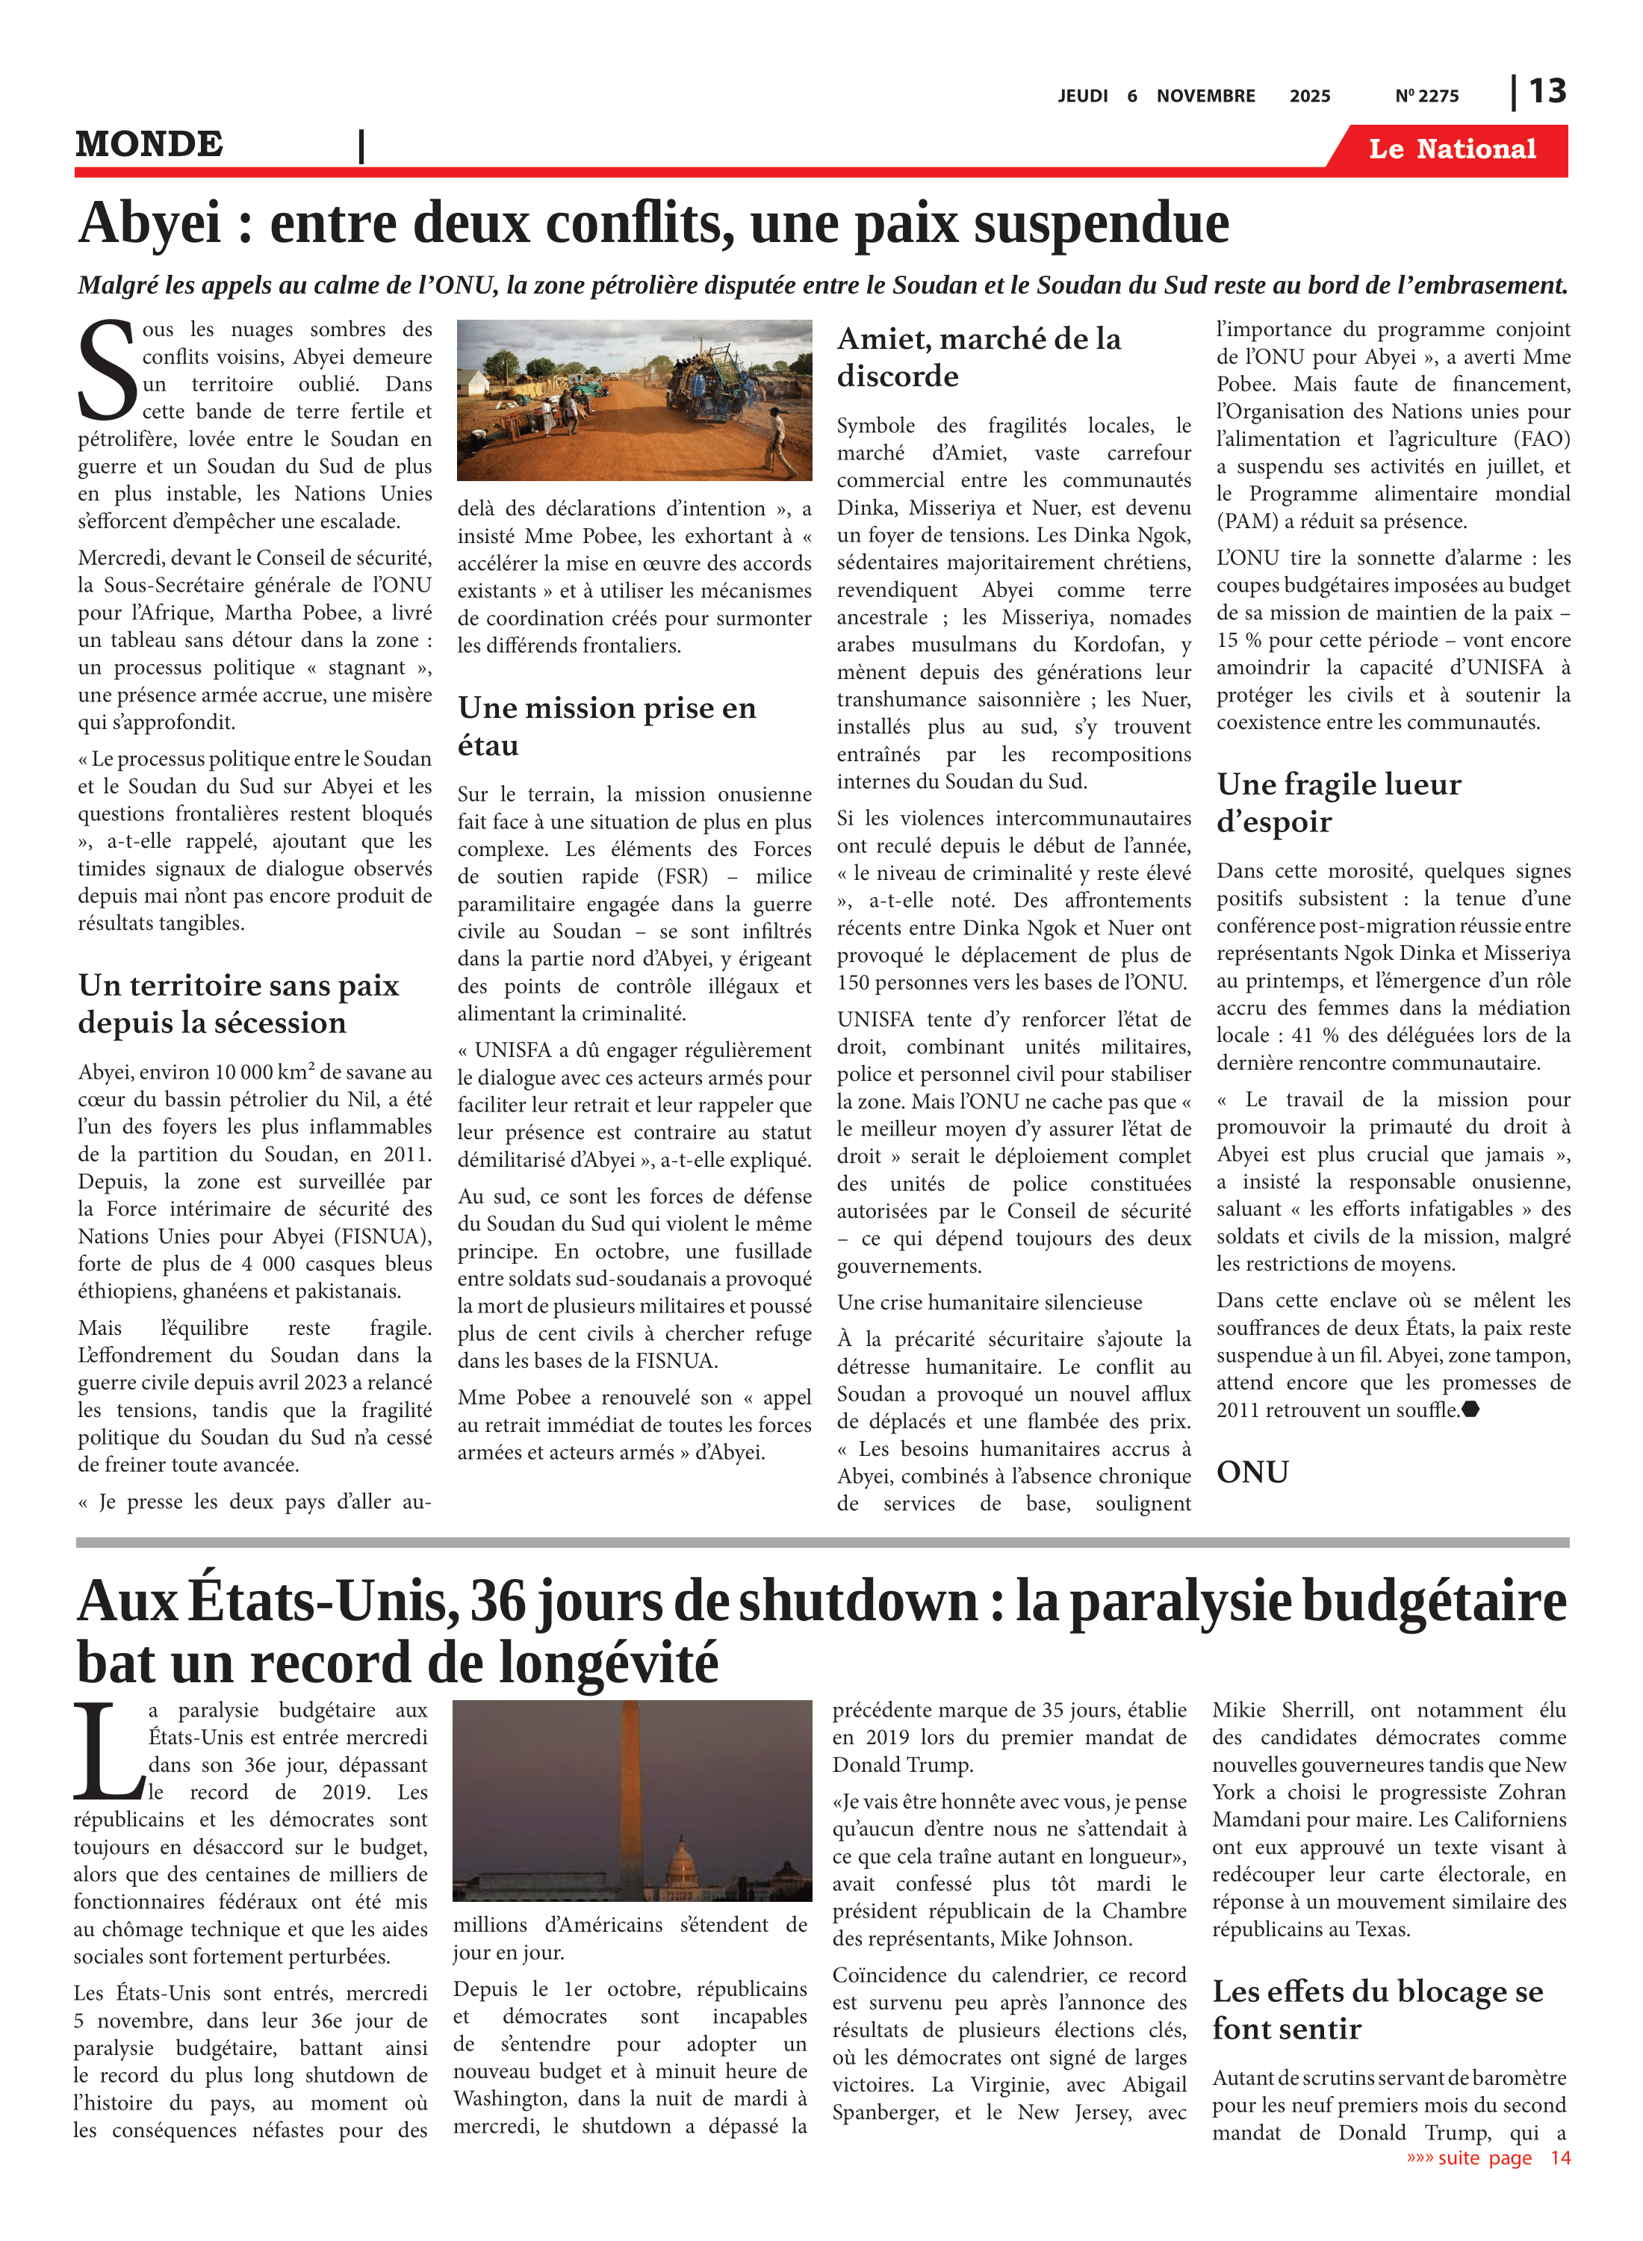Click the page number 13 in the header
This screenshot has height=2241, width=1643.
coord(1547,92)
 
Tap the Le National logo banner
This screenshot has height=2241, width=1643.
coord(1451,149)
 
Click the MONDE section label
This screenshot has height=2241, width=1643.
coord(149,144)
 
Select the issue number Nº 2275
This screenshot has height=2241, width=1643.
coord(1426,96)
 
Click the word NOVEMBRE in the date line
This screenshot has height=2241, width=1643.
coord(1205,96)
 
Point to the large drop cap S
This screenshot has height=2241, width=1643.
coord(106,371)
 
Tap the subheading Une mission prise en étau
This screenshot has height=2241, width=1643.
coord(606,726)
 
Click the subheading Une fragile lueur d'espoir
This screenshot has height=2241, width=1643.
coord(1338,803)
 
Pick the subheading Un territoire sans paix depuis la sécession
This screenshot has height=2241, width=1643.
coord(239,1004)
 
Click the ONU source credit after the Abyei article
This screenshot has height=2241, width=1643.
coord(1252,1472)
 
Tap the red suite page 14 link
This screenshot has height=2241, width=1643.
coord(1488,2157)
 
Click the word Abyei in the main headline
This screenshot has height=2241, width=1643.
coord(149,223)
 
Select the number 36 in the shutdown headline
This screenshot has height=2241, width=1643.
coord(503,1602)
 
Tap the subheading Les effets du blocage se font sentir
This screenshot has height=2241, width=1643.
coord(1376,2009)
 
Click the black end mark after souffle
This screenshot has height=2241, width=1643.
coord(1471,1410)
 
